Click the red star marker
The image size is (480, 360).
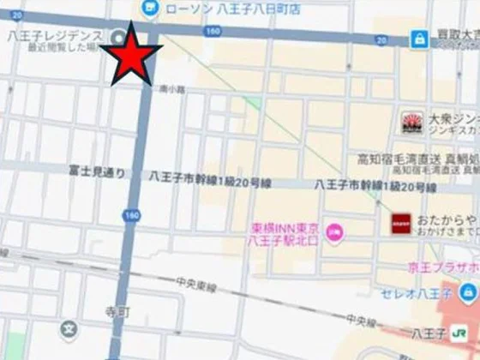131,54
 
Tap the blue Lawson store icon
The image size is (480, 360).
151,7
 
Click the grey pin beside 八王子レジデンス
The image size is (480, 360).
117,35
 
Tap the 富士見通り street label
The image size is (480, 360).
96,172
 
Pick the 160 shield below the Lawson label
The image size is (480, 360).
213,31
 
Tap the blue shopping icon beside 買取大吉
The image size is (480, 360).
418,39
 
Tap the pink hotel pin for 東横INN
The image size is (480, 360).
333,230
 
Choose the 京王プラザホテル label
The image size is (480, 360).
447,267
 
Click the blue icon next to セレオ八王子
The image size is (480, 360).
468,295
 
